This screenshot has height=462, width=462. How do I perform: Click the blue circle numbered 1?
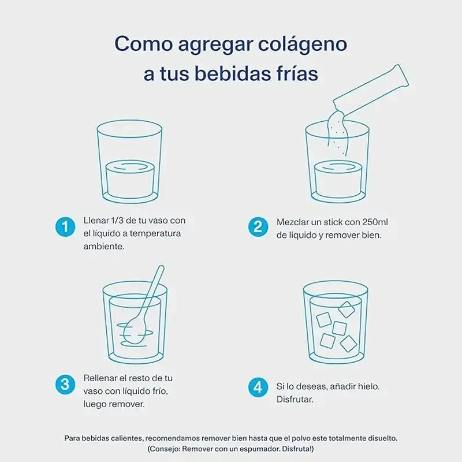tap(65, 227)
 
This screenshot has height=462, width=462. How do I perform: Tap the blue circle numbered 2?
tap(258, 227)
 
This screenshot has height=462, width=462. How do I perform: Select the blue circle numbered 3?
tap(65, 385)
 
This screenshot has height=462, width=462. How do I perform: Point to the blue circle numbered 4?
tap(258, 387)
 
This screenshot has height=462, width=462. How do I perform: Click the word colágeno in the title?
tap(303, 44)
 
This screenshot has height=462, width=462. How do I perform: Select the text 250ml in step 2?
tap(375, 222)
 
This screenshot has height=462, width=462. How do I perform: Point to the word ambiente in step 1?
tap(104, 247)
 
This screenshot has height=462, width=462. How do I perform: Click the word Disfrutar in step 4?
tap(295, 400)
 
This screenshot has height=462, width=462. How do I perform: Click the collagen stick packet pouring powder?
tap(371, 90)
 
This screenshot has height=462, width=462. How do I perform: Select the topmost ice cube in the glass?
tap(346, 309)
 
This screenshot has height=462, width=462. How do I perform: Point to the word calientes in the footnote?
tap(128, 438)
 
